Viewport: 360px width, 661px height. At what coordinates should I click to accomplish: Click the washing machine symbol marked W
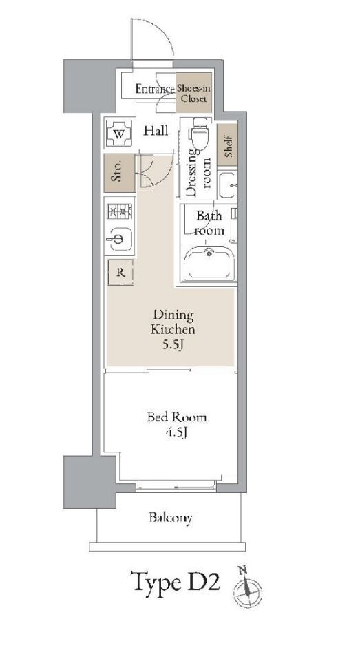tap(119, 134)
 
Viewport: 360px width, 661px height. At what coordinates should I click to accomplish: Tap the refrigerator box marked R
tap(120, 273)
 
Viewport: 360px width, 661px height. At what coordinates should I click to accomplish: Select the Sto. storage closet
tap(120, 174)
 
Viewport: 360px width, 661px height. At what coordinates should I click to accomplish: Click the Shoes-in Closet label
tap(194, 94)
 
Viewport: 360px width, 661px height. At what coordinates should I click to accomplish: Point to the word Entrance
tap(155, 90)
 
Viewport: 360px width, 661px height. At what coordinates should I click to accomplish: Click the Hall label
tap(156, 131)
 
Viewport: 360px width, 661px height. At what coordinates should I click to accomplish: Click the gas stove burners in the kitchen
tap(120, 211)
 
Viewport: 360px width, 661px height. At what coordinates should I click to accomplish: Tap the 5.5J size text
tap(173, 344)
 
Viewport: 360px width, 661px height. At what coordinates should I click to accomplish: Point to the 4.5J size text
tap(176, 432)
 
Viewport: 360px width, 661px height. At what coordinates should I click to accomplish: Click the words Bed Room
tap(177, 417)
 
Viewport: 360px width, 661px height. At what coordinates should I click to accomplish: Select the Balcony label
tap(171, 518)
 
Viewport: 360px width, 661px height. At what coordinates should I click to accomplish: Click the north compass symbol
tap(247, 587)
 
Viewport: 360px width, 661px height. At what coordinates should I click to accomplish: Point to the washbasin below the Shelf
tap(228, 185)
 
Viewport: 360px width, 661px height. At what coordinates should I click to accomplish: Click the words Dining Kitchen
tap(173, 322)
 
